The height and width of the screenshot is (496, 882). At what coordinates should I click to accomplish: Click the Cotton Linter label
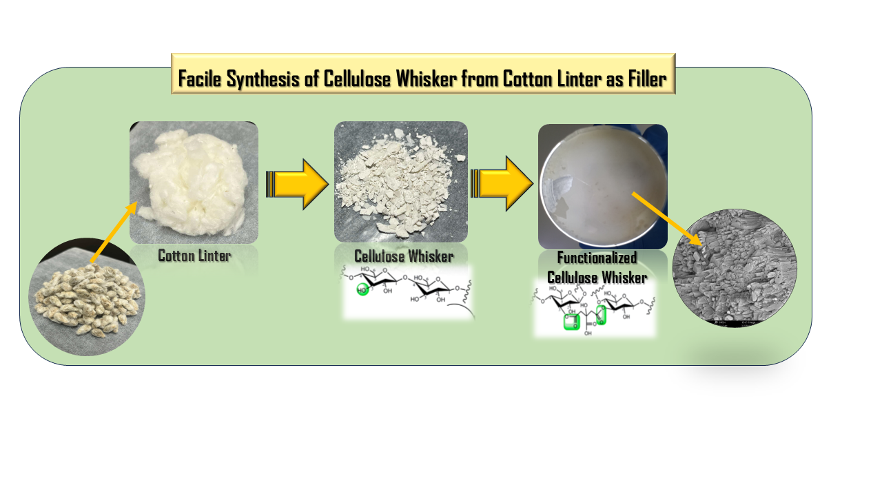point(194,256)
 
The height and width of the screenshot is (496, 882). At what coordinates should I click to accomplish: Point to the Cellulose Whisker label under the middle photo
point(404,256)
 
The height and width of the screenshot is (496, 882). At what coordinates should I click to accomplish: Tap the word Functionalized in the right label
point(597,259)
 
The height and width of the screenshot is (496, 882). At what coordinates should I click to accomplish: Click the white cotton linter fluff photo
point(194,182)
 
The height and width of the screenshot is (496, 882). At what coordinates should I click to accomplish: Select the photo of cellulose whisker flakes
point(401,182)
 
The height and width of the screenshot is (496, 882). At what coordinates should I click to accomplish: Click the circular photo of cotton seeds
point(87,297)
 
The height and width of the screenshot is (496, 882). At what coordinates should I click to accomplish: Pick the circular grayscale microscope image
point(735,268)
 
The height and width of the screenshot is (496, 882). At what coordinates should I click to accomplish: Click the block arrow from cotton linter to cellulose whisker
point(297,184)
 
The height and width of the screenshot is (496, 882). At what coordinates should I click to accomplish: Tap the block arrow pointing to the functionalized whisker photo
point(502,184)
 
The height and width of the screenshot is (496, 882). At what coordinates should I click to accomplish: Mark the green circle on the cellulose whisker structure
point(363,289)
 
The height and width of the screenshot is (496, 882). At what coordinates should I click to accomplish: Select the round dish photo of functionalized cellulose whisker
point(602,187)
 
